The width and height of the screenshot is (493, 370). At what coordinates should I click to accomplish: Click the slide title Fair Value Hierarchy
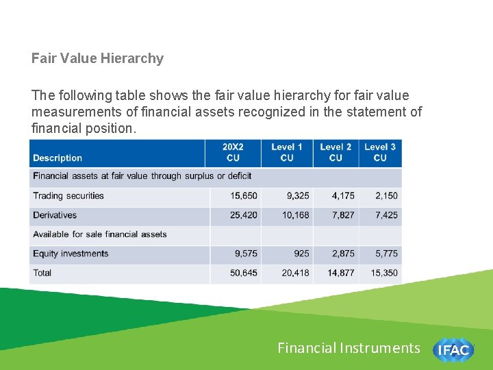point(97,58)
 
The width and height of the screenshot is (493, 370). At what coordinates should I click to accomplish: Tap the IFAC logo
point(453,349)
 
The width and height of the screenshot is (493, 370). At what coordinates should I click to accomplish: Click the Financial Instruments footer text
point(349,348)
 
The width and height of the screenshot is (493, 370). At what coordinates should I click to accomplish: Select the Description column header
point(58,158)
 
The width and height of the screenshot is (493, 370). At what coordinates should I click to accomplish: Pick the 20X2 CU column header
point(233,152)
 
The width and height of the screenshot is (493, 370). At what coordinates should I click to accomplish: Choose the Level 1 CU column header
point(287,152)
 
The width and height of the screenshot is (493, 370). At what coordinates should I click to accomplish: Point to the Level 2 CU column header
point(336,152)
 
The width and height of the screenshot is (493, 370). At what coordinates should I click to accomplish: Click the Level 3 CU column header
point(380,152)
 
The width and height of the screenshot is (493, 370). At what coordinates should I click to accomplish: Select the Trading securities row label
point(68,196)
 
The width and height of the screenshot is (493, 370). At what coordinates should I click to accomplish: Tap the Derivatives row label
point(55,215)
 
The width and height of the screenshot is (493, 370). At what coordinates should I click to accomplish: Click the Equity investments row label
point(71,254)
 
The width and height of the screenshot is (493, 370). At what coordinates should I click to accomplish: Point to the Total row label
point(42,273)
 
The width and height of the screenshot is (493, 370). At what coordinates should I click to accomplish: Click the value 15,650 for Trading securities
point(244,196)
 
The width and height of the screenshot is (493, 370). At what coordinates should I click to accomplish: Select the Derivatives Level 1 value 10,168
point(296,215)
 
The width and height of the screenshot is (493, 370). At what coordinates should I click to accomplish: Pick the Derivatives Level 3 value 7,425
point(386,215)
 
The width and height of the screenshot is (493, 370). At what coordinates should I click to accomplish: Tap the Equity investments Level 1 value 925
point(301,254)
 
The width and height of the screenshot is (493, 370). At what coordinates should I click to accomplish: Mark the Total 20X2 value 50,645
point(244,273)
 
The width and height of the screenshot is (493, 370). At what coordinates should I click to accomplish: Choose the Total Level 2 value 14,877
point(341,273)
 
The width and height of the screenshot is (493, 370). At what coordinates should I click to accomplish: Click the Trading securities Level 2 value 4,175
point(343,196)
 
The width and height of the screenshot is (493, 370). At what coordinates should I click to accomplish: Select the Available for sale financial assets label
point(100,234)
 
